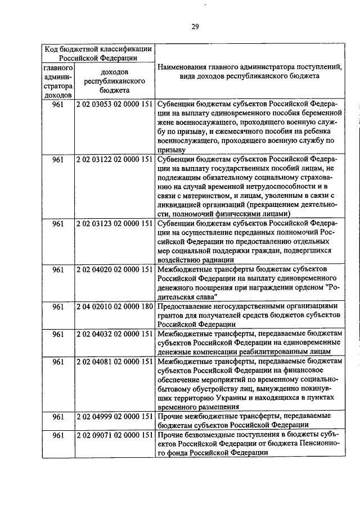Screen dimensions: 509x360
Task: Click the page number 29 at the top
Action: tap(195, 26)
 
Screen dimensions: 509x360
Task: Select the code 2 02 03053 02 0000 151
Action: tap(115, 105)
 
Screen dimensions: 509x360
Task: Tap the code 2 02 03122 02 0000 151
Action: tap(115, 160)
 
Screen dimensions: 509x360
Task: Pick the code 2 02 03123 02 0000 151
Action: tap(115, 223)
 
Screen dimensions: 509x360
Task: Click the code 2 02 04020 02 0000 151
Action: tap(115, 269)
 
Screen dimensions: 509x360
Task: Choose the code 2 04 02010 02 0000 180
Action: tap(115, 307)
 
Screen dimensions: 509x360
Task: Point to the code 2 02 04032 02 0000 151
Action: tap(115, 334)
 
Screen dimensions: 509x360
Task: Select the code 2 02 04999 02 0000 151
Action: tap(115, 416)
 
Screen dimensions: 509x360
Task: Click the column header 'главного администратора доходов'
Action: tap(57, 81)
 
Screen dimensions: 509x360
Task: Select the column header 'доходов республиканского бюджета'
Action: tap(115, 81)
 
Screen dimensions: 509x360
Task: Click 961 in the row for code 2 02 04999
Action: tap(57, 416)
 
